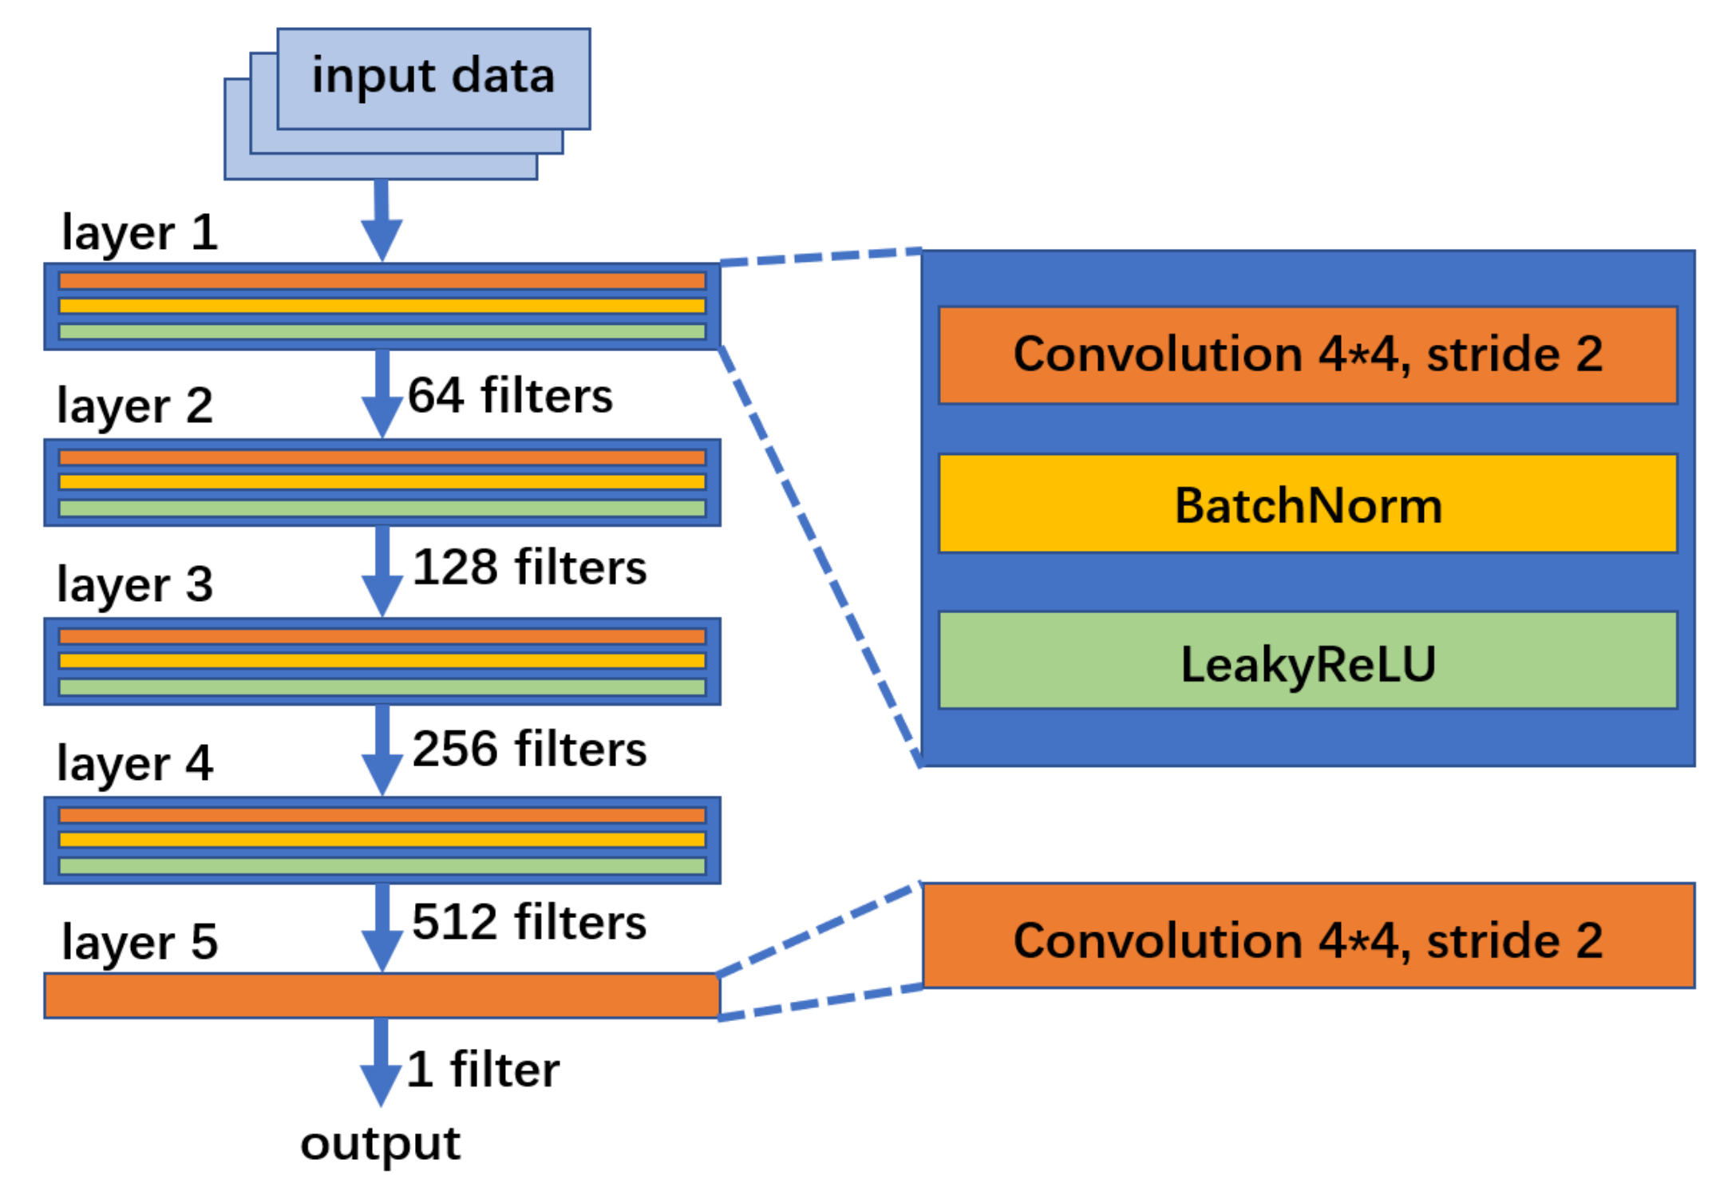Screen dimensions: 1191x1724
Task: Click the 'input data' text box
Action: [x=433, y=77]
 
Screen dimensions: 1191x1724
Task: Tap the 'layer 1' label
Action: [x=140, y=232]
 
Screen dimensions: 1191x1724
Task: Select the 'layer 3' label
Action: [x=135, y=584]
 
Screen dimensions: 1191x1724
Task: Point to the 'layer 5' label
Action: [x=140, y=941]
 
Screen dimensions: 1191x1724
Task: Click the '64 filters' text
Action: [x=509, y=396]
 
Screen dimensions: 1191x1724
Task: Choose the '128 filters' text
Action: [x=528, y=568]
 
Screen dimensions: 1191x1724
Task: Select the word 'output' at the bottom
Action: [x=380, y=1143]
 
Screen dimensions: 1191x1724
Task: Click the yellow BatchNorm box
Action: [x=1307, y=503]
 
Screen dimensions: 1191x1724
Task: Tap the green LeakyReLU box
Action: [x=1307, y=660]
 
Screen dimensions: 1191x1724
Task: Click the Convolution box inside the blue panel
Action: [x=1307, y=354]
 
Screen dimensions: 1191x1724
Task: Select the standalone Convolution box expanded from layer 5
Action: [x=1307, y=936]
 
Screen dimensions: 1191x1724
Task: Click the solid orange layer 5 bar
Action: [x=382, y=995]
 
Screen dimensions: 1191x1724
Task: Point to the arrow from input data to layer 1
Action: [x=382, y=220]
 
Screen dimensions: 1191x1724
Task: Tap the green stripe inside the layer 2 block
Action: [x=382, y=508]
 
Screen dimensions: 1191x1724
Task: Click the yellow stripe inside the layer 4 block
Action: [x=382, y=840]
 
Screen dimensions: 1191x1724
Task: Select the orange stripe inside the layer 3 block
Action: [x=382, y=636]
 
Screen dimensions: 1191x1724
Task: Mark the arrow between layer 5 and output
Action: [x=381, y=1062]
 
